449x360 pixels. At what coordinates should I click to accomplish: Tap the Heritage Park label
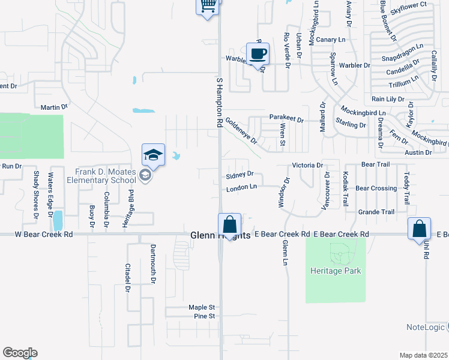point(336,271)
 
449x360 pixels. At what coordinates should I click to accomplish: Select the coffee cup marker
point(258,54)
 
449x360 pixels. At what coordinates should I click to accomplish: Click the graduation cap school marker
point(153,155)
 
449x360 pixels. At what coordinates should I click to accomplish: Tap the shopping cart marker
point(208,5)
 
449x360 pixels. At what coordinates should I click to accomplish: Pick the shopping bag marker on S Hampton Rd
point(229,226)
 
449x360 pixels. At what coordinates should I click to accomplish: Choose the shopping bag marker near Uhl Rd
point(419,229)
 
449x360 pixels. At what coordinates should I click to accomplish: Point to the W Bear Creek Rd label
point(44,234)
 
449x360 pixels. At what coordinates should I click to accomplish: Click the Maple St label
point(201,308)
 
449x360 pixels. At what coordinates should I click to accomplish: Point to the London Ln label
point(241,188)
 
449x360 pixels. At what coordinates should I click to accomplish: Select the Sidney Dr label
point(240,175)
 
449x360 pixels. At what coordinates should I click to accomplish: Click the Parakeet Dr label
point(287,120)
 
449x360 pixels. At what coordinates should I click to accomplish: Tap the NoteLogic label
point(425,327)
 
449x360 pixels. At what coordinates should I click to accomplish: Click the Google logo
point(20,353)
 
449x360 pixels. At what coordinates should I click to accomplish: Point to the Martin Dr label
point(54,107)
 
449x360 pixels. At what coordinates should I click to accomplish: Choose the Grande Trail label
point(376,212)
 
